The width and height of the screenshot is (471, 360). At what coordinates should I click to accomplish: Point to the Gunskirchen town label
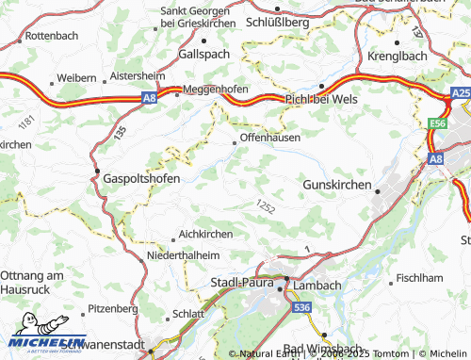point(337,185)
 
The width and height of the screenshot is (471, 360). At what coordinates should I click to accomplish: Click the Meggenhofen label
point(216,90)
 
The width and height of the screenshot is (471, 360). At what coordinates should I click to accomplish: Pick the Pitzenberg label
point(112,308)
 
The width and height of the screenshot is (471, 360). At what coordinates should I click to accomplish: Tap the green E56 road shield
point(436,123)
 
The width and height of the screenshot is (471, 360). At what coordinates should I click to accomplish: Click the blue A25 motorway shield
point(461,94)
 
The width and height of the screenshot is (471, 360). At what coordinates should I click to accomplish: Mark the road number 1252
point(265,205)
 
